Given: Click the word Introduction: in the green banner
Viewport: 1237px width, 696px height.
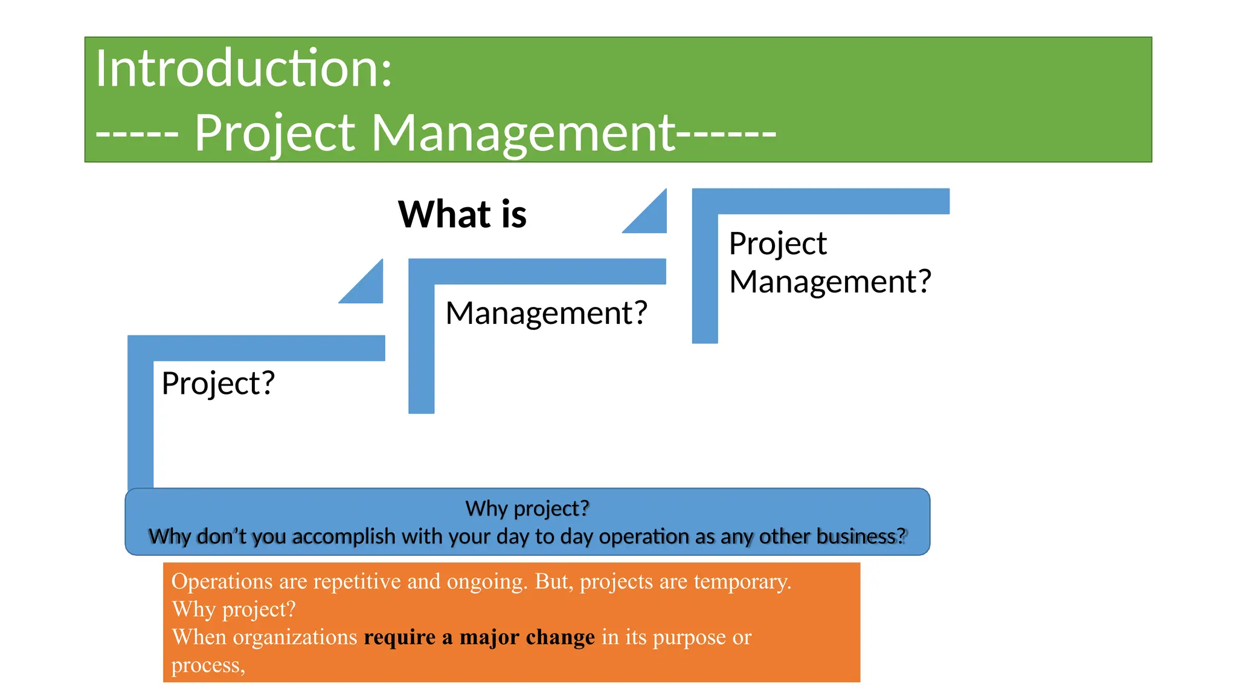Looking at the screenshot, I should [243, 68].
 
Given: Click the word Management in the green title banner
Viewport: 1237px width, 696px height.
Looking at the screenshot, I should [523, 133].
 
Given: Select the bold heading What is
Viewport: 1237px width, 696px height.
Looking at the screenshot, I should [462, 214].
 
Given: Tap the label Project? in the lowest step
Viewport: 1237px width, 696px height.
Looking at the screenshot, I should [218, 383].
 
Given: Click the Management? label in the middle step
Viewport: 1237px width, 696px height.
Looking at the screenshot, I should [546, 313].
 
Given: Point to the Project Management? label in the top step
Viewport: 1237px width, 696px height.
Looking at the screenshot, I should [829, 263].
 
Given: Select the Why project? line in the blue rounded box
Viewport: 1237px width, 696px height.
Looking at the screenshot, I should [527, 508].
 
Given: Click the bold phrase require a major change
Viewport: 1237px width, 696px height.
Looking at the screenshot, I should [479, 637].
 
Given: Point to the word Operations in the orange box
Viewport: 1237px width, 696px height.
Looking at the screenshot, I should [222, 581].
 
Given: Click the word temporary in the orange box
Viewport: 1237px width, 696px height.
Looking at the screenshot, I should [742, 581].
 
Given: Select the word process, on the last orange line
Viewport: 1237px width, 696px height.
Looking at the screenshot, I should [208, 665].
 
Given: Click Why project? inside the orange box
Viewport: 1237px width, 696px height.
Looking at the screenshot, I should [234, 609].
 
